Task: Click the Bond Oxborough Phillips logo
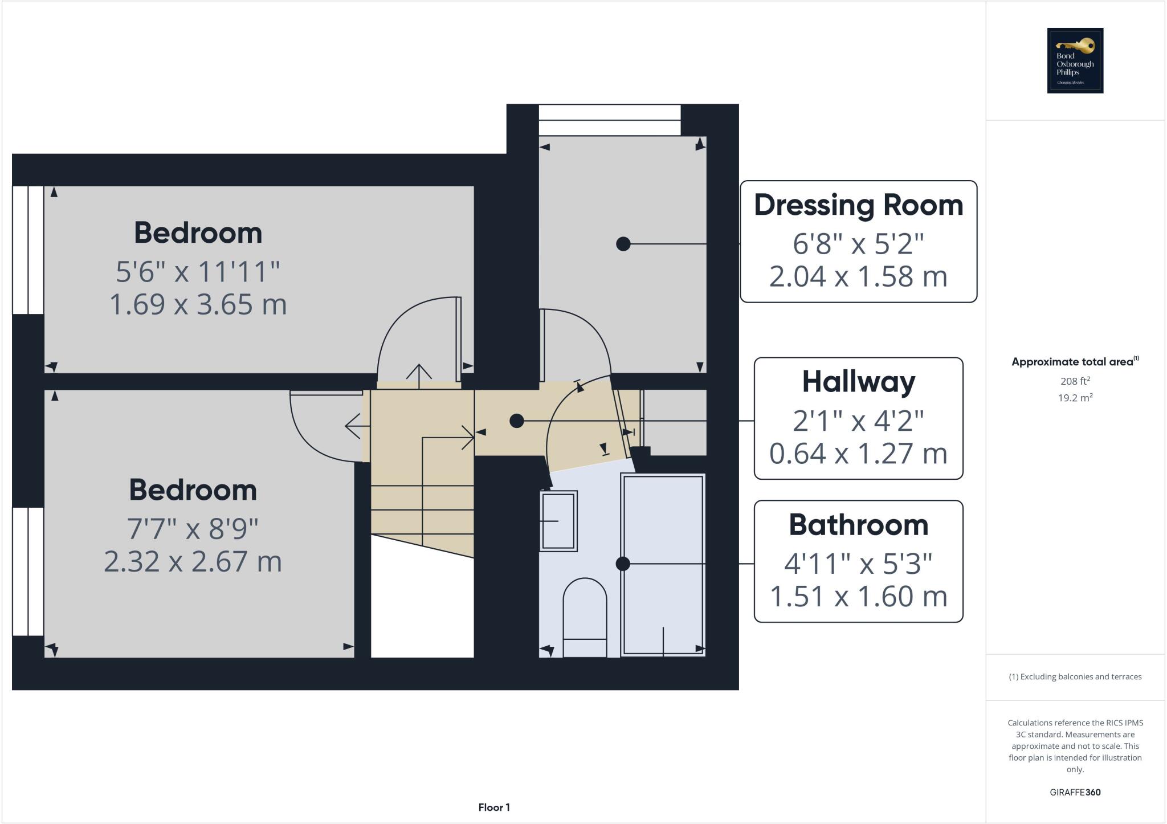[x=1075, y=60]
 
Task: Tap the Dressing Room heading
[x=858, y=205]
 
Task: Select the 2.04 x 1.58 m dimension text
[x=858, y=277]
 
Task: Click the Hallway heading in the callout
[x=858, y=382]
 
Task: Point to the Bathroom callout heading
[x=858, y=525]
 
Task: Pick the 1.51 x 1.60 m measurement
[x=858, y=597]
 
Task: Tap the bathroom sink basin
[x=558, y=521]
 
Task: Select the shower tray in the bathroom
[x=663, y=564]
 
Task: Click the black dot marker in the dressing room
[x=623, y=244]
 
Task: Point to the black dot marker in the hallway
[x=516, y=421]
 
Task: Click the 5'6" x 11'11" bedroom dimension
[x=198, y=272]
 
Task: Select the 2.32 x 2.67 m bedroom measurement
[x=193, y=562]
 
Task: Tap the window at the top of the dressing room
[x=609, y=120]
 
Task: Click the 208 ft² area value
[x=1075, y=381]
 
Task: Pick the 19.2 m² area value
[x=1075, y=398]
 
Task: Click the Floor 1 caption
[x=493, y=807]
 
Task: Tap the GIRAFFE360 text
[x=1075, y=792]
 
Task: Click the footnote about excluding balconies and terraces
[x=1075, y=677]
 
